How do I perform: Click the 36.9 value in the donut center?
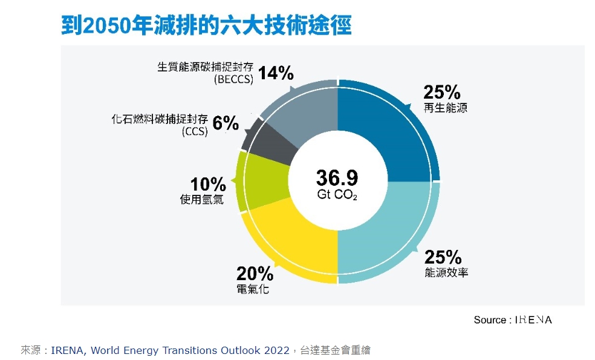pos(337,178)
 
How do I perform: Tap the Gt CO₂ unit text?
pos(337,195)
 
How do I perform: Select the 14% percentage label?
pos(276,74)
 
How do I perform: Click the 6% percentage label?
pos(226,123)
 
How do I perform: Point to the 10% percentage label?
pos(207,184)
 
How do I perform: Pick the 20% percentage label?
pos(255,274)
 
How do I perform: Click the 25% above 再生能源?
pos(441,93)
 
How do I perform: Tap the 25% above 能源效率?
pos(443,257)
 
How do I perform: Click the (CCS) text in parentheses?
pos(194,131)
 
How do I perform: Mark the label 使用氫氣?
pos(202,199)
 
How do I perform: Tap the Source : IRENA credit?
pos(512,319)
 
